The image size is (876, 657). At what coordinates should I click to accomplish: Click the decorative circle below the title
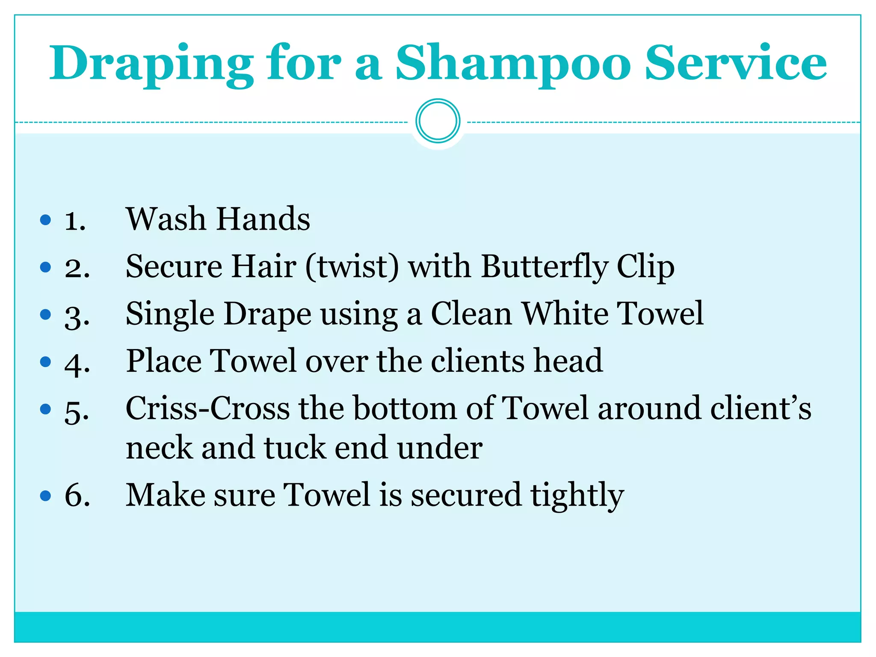point(438,121)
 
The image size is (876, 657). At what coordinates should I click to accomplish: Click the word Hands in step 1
point(263,219)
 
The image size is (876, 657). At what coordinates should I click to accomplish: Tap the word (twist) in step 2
point(352,266)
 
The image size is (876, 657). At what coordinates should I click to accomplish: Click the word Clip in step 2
point(645,266)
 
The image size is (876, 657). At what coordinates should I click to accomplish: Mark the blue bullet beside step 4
point(45,362)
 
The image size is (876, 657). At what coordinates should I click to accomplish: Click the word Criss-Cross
point(208,408)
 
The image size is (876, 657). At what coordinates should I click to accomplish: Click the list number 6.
point(77,495)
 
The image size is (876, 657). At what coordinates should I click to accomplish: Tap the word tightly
point(577,495)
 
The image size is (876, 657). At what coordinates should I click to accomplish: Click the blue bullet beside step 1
point(45,220)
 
